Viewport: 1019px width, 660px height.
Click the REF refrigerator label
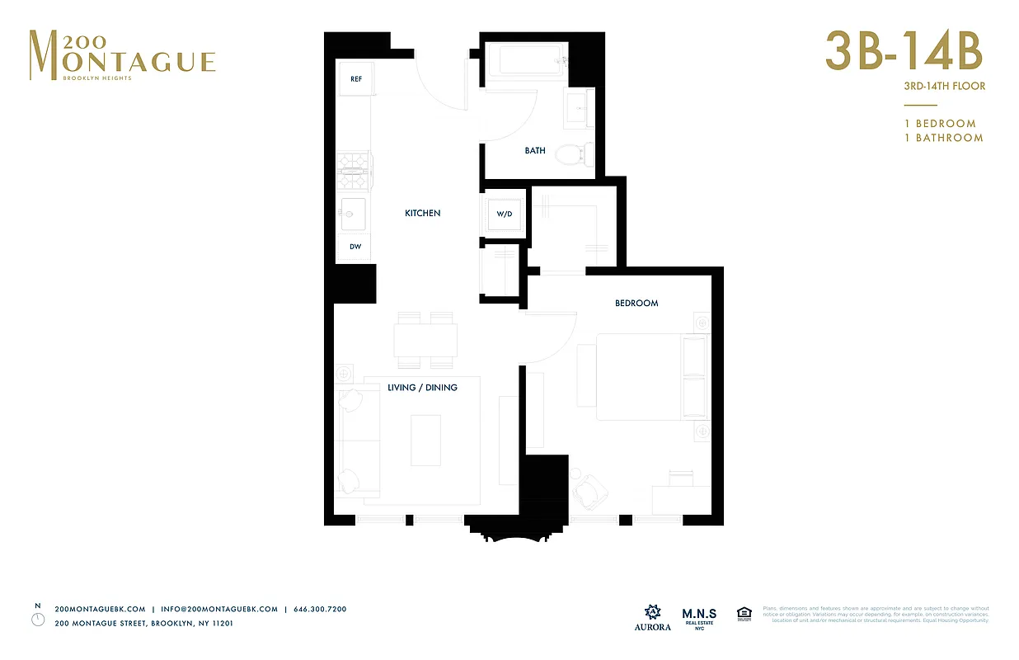[356, 79]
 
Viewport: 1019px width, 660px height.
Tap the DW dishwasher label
[355, 247]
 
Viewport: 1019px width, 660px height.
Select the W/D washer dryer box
[504, 214]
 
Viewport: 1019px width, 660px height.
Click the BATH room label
[535, 151]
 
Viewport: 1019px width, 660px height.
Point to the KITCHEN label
[422, 214]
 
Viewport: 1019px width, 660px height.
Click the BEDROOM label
[636, 303]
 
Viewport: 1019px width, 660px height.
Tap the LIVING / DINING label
[422, 388]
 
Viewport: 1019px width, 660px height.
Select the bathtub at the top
[525, 61]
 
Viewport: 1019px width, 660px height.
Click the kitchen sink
[355, 214]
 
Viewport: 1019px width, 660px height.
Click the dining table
[425, 339]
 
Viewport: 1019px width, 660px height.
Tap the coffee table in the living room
[425, 440]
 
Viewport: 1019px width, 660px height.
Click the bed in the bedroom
[651, 376]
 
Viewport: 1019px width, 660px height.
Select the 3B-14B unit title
[904, 53]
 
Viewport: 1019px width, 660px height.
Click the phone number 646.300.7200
[320, 609]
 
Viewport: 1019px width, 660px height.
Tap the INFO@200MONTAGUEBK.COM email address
[219, 609]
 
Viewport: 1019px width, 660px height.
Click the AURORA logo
[652, 618]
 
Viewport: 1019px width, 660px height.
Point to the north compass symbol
[38, 619]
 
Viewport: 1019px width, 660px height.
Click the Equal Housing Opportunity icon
[744, 614]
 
